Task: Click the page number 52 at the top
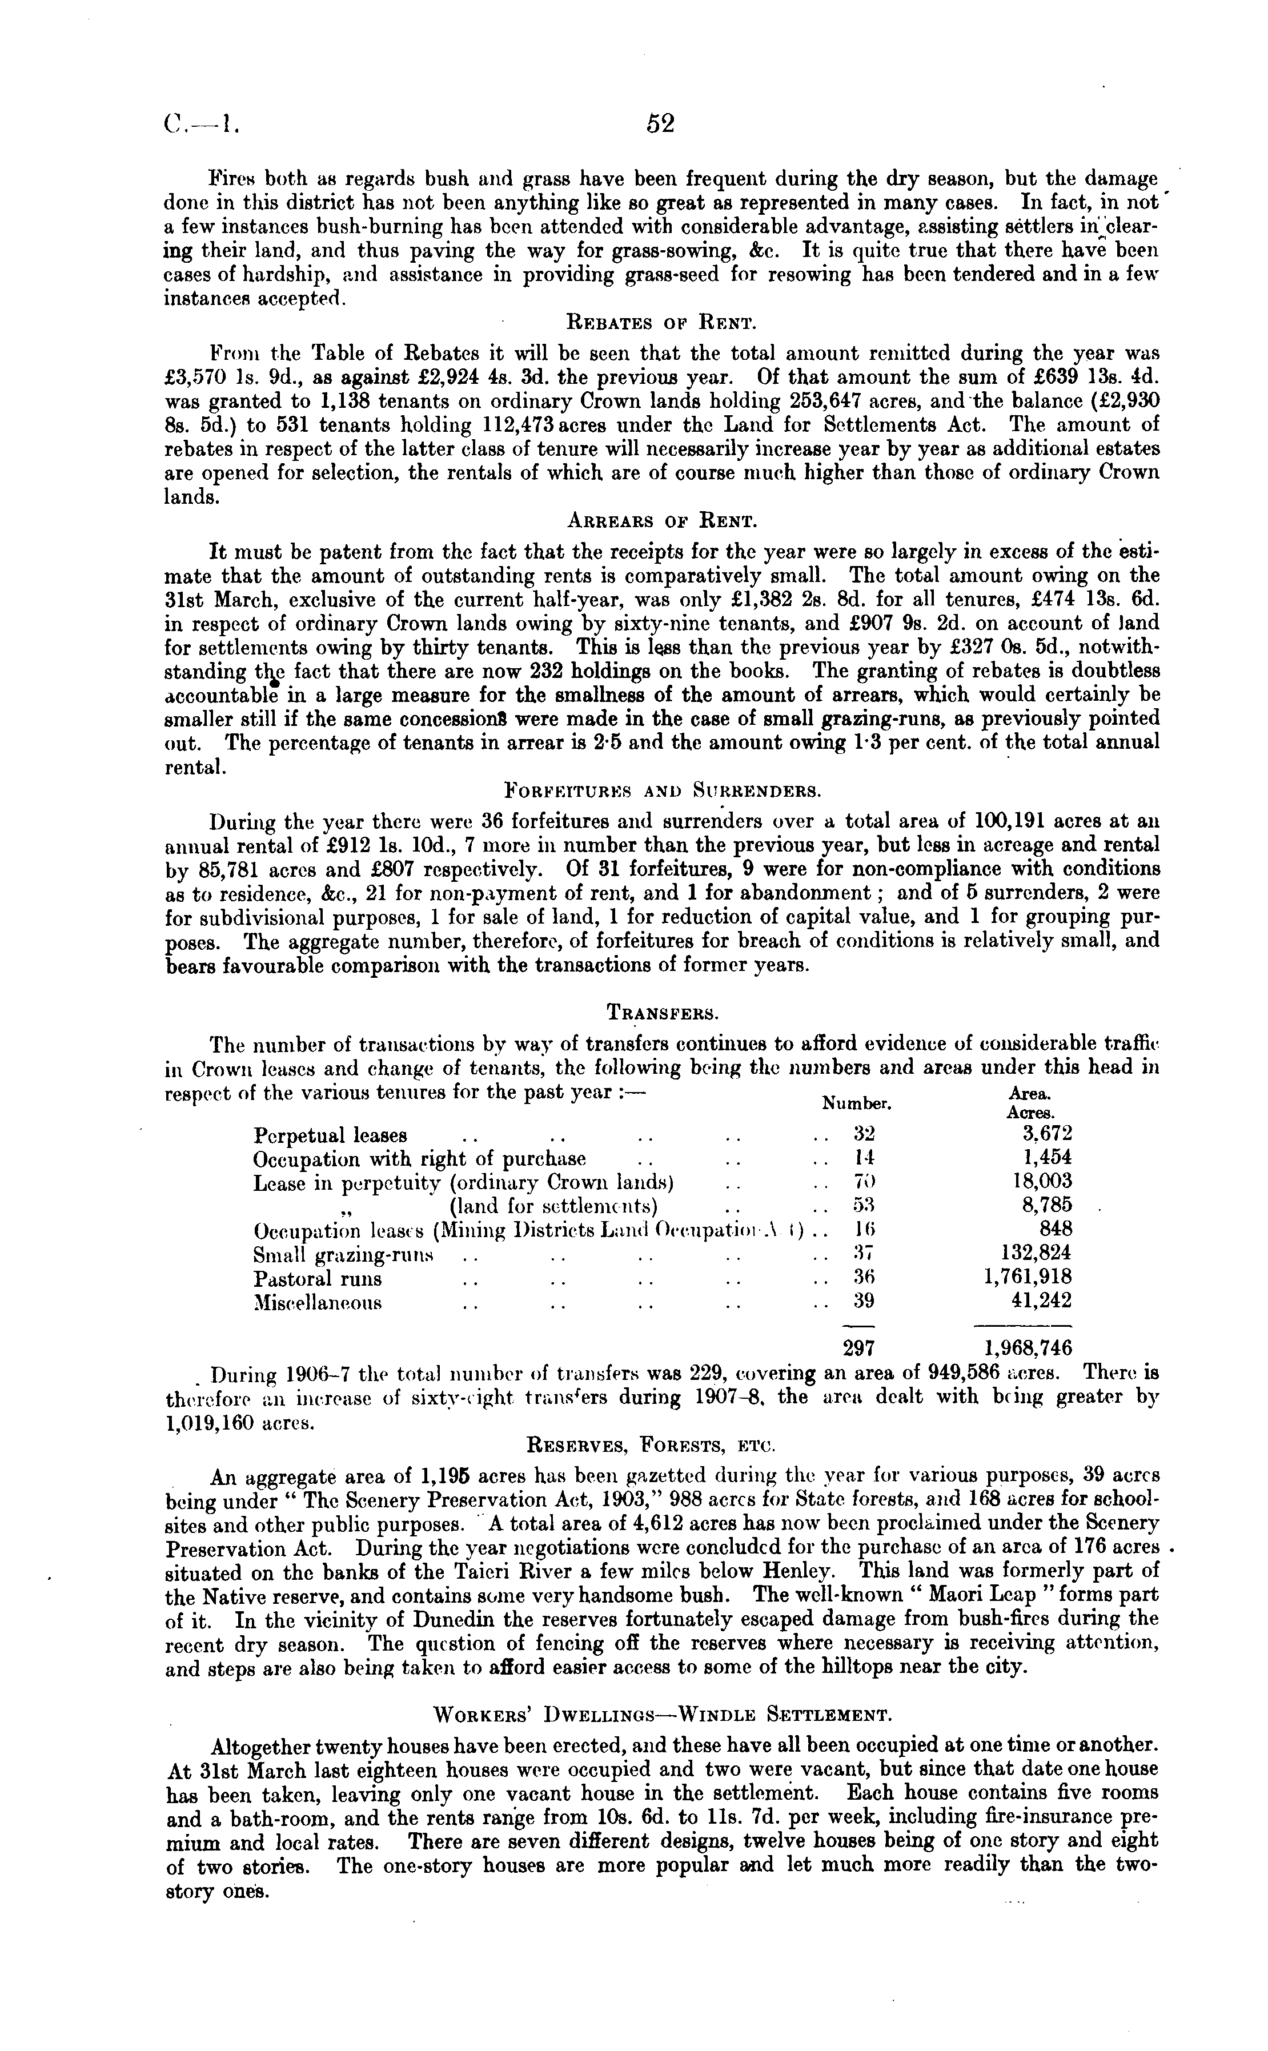[660, 124]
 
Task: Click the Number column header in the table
[856, 1103]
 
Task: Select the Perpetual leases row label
[330, 1135]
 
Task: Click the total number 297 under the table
[858, 1348]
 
